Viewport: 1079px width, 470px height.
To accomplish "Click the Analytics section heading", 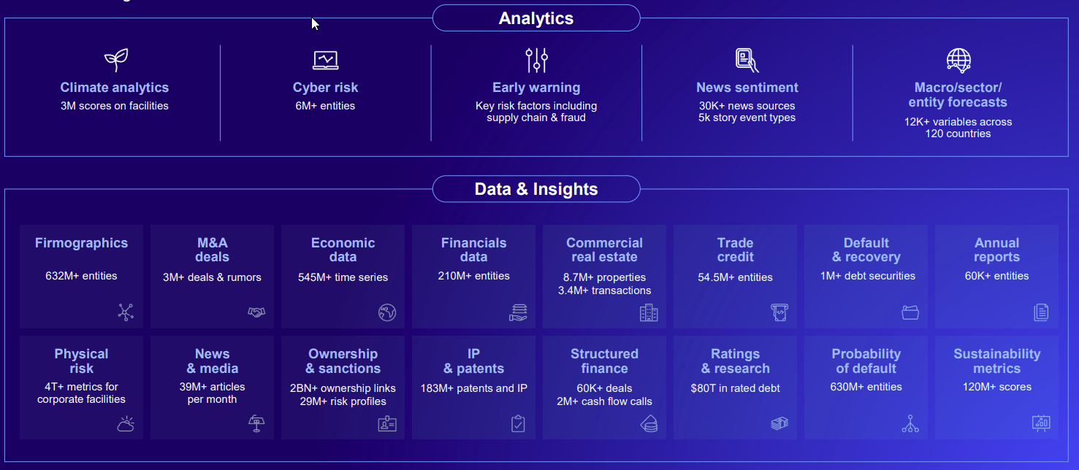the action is click(535, 18).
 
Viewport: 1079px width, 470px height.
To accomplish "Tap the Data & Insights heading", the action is click(535, 189).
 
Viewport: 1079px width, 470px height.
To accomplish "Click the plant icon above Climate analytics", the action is click(116, 60).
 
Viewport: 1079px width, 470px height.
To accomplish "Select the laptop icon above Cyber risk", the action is click(325, 60).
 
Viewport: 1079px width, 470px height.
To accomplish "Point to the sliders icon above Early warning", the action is click(536, 60).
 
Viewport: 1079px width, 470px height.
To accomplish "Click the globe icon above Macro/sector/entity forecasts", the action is click(958, 60).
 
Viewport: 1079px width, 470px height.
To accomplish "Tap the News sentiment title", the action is click(747, 88).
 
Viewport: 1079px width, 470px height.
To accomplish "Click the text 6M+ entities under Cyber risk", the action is click(325, 106).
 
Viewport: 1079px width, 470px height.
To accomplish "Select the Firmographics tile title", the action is click(81, 243).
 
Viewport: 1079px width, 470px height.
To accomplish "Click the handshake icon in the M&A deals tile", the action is click(256, 312).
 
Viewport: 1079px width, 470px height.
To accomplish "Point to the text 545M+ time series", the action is click(343, 277).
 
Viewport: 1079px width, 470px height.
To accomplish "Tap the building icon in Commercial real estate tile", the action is click(649, 312).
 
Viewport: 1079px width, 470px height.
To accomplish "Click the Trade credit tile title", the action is click(735, 250).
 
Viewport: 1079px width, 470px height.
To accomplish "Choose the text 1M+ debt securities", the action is click(868, 276).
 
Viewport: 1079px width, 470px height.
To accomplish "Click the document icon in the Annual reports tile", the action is click(1041, 312).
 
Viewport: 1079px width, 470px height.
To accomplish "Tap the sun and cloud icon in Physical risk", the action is click(126, 424).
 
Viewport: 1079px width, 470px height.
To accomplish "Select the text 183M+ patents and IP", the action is click(473, 388).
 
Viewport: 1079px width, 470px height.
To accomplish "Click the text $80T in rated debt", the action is click(735, 388).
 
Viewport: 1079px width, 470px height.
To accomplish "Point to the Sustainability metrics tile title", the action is click(996, 361).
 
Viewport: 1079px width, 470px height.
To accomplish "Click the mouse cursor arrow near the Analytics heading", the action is click(315, 24).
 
